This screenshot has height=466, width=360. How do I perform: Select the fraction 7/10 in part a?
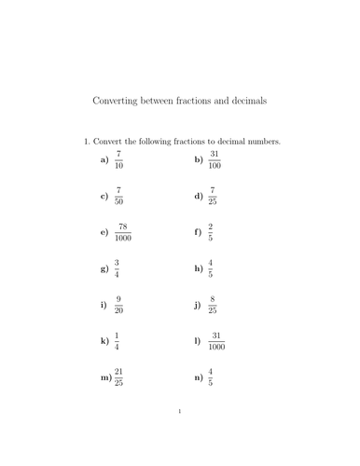(x=118, y=160)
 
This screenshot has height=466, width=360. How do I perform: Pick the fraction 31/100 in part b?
(x=215, y=160)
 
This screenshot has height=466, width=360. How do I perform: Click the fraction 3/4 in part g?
(x=117, y=268)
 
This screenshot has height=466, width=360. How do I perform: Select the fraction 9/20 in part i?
(x=118, y=305)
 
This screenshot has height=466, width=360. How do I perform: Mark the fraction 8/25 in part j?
(x=213, y=305)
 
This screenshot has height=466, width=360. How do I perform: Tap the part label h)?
(x=198, y=268)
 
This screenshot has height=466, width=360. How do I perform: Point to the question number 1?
(x=87, y=142)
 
